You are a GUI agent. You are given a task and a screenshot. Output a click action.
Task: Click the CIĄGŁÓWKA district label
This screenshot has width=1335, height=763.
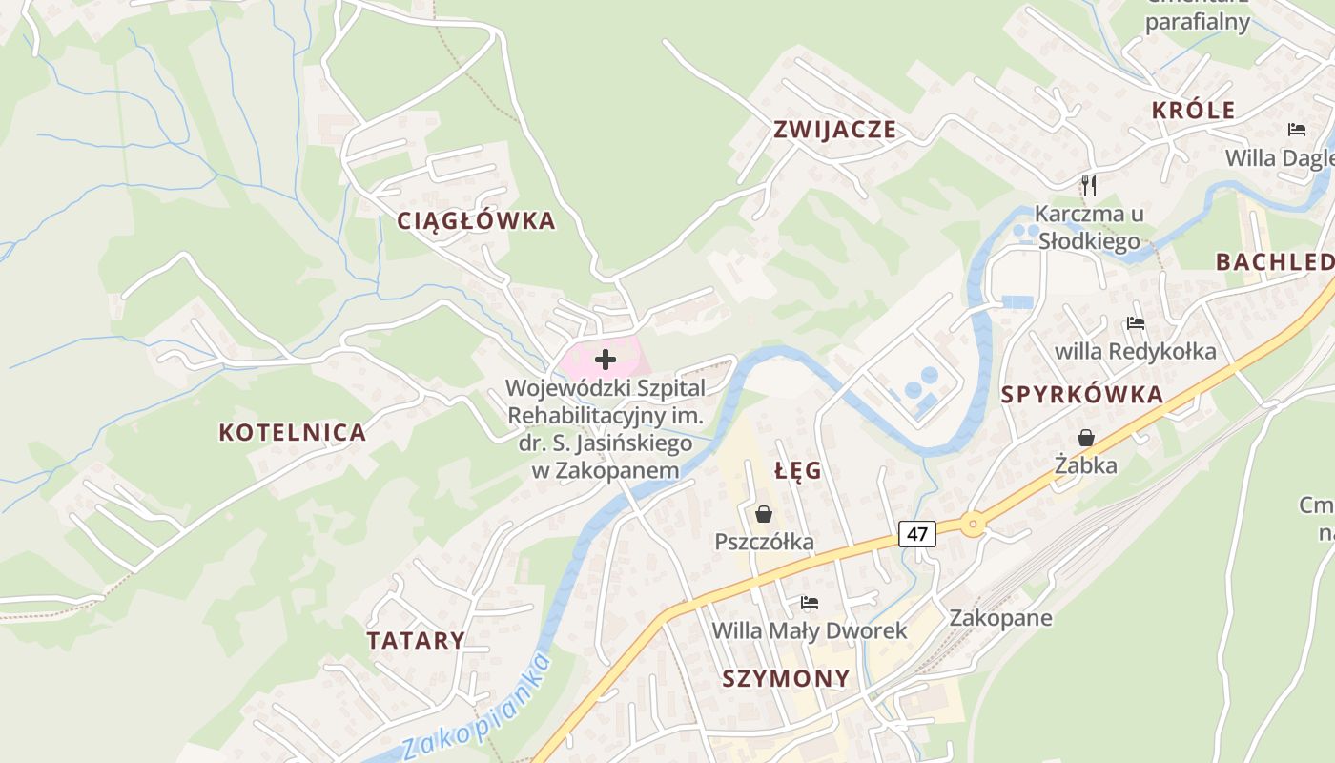[476, 220]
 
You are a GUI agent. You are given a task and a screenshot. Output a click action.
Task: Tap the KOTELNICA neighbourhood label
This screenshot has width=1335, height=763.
[293, 432]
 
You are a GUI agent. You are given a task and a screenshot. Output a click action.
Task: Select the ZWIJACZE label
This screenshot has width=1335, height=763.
[835, 130]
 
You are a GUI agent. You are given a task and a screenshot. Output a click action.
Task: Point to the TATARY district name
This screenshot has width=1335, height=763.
[417, 640]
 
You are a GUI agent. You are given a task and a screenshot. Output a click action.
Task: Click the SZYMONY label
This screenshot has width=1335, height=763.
[786, 679]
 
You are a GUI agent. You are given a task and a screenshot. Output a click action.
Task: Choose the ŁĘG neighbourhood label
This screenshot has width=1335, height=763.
[798, 470]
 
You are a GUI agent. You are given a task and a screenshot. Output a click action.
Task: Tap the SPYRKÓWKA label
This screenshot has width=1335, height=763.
[1082, 395]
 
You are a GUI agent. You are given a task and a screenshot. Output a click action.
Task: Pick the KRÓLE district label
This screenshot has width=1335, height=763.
[1193, 110]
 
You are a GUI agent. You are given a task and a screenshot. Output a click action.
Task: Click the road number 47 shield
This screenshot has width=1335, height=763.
[916, 534]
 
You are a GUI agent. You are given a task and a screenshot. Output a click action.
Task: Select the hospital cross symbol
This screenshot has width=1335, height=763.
[605, 360]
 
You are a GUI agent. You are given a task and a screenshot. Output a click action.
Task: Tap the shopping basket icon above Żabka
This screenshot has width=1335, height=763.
[1085, 438]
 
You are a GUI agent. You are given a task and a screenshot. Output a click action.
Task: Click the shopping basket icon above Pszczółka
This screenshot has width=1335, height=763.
[764, 514]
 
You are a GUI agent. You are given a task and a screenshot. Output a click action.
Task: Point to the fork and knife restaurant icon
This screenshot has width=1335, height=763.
[1089, 185]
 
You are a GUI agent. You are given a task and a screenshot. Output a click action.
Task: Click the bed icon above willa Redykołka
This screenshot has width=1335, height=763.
[1135, 323]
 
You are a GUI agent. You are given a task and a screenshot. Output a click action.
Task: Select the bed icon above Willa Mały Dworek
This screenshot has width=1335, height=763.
[810, 602]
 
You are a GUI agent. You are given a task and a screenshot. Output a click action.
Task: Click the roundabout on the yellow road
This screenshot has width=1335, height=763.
[972, 523]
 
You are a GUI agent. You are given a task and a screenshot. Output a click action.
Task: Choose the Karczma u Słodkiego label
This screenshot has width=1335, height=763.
[1089, 227]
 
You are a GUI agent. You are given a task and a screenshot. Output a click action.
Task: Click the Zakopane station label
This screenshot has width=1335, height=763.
[1000, 617]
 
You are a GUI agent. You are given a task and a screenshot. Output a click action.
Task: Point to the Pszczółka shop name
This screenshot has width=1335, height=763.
[765, 542]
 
